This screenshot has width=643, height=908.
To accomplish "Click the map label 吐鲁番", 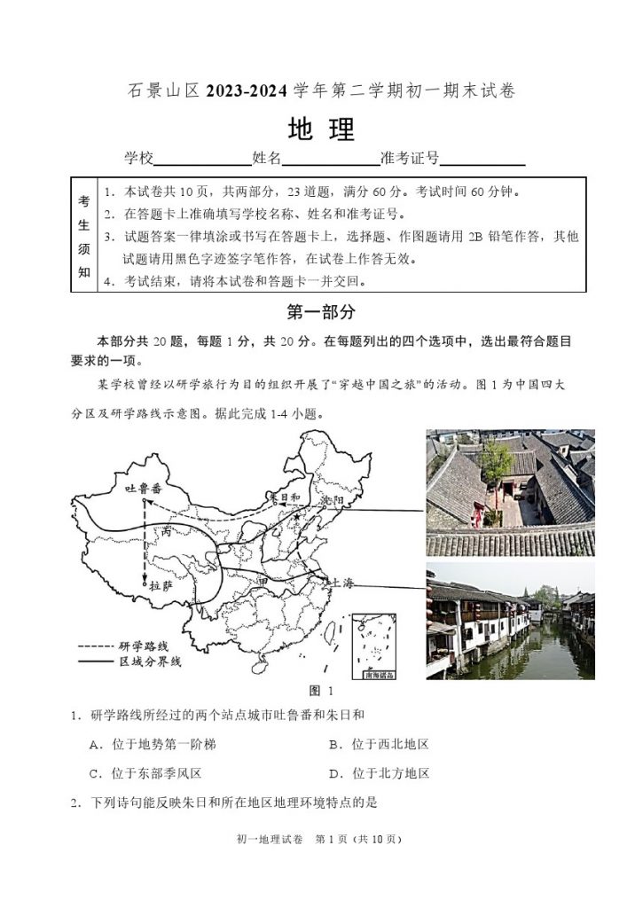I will click(144, 489).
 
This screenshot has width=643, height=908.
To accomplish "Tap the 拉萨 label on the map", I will click(161, 586).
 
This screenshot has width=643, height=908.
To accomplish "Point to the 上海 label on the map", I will click(341, 583).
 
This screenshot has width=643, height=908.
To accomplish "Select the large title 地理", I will click(321, 129).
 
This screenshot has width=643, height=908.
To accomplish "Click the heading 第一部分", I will click(321, 311).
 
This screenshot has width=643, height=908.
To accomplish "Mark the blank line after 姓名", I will click(331, 160).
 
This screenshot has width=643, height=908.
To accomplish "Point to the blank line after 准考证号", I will click(482, 160).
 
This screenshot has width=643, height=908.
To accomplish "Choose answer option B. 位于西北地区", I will click(379, 744).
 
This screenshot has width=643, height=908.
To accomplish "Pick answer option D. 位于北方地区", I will click(379, 773).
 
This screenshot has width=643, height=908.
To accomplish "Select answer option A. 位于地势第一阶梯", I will click(153, 744).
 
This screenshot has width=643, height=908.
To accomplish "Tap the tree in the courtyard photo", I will click(498, 460).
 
